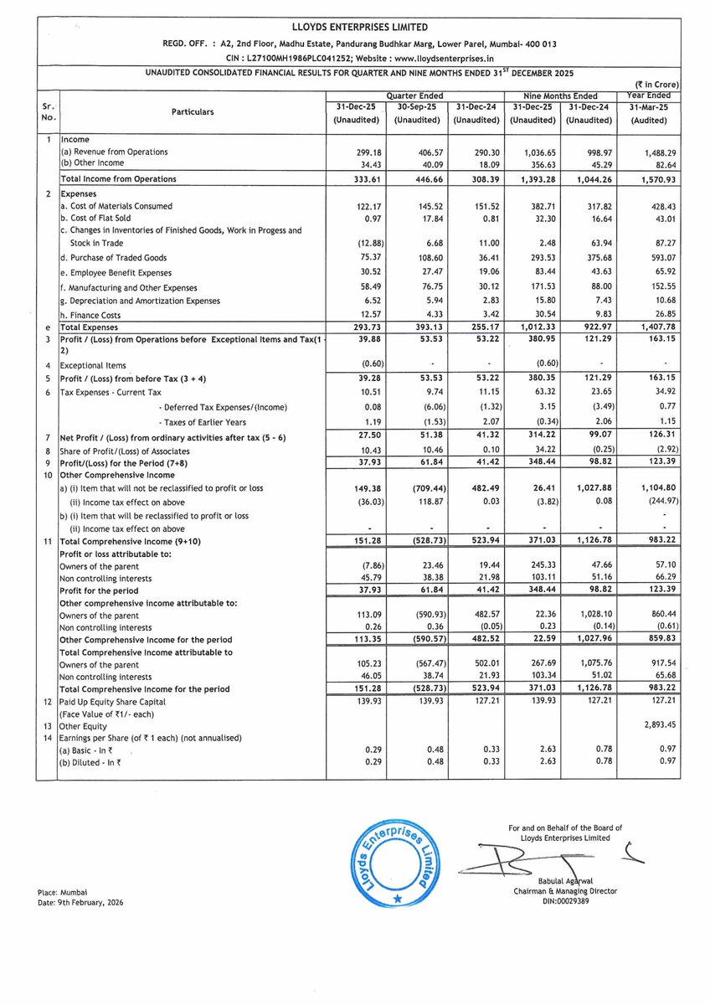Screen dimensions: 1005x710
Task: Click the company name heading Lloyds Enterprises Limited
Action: click(355, 28)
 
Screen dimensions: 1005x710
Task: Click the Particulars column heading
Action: click(192, 111)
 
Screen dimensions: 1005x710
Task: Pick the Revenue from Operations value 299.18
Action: click(363, 152)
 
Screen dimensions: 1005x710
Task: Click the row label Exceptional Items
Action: click(93, 365)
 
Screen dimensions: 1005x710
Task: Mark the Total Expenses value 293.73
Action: click(363, 327)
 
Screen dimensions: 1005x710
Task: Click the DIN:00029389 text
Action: click(565, 901)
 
